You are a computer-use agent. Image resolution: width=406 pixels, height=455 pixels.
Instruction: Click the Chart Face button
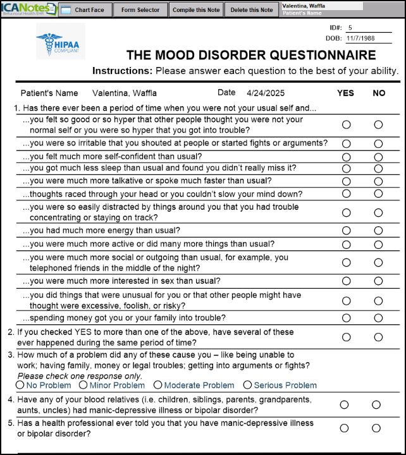click(x=84, y=10)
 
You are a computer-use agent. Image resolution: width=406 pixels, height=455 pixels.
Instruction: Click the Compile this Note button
click(x=196, y=10)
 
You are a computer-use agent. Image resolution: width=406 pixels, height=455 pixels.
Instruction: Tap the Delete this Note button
click(x=252, y=10)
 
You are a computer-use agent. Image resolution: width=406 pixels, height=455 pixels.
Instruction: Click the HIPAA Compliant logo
click(x=60, y=42)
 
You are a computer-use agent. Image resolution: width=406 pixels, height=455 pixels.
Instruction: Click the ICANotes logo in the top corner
click(x=28, y=9)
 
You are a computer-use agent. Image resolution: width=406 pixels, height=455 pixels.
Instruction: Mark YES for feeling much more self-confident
click(x=346, y=157)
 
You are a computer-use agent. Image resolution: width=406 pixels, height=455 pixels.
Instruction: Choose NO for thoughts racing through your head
click(x=378, y=193)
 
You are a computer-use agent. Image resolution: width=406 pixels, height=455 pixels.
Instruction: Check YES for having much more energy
click(x=346, y=231)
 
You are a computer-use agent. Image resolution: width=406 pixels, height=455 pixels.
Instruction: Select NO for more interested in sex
click(x=378, y=281)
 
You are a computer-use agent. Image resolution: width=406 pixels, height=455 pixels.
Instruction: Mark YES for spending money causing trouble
click(x=346, y=318)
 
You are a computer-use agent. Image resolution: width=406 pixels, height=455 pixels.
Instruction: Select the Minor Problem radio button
click(x=83, y=385)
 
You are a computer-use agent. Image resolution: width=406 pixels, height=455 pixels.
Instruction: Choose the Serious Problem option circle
click(x=247, y=385)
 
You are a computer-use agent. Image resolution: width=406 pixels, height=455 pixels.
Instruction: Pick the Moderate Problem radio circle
click(x=158, y=385)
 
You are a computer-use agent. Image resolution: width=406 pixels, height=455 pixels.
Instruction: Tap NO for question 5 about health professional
click(x=376, y=428)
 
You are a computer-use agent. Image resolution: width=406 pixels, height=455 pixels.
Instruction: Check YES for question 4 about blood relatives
click(x=344, y=404)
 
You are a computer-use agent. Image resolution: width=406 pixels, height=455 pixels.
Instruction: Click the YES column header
click(x=345, y=94)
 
